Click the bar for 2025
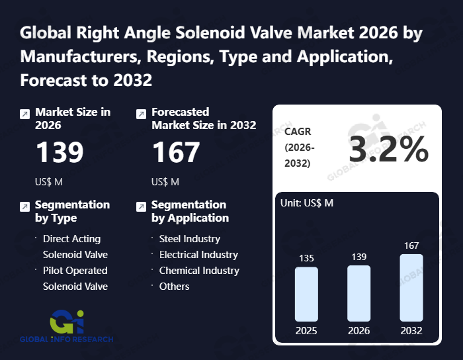[x=306, y=294]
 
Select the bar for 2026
[x=359, y=293]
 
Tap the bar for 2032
[x=411, y=288]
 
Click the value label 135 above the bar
[x=306, y=259]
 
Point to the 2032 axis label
[x=411, y=331]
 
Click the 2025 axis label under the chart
[x=306, y=331]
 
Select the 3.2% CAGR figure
[x=389, y=151]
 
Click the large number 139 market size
[x=60, y=152]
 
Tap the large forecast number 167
[x=176, y=152]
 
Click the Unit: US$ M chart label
[x=308, y=203]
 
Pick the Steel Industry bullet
[x=189, y=238]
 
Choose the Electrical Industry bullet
[x=198, y=254]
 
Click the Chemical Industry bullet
[x=199, y=270]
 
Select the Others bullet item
[x=174, y=286]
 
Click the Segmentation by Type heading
[x=72, y=211]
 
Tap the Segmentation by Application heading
[x=190, y=211]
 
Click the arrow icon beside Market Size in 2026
[x=24, y=114]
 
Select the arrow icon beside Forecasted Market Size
[x=141, y=114]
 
